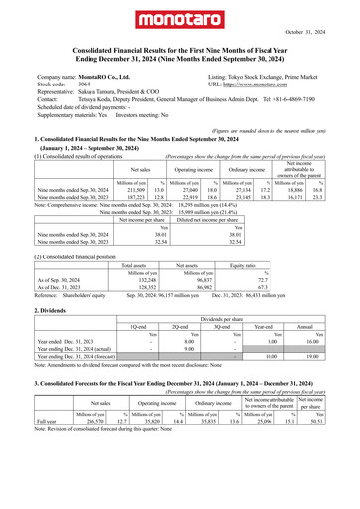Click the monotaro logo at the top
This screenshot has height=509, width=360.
click(179, 20)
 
